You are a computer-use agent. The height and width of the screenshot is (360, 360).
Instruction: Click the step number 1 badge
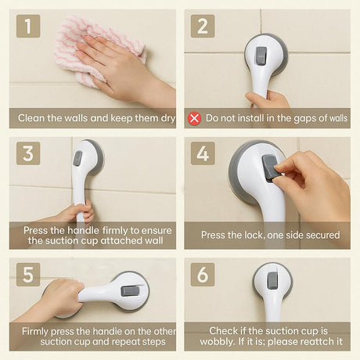[x=28, y=26]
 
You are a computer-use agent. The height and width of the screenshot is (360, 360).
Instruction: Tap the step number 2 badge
[x=203, y=26]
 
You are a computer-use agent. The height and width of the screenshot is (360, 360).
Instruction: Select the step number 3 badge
[x=28, y=153]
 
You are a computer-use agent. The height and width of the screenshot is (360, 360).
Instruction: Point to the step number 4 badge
[x=203, y=153]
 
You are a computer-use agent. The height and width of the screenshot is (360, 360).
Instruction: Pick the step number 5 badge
[x=28, y=275]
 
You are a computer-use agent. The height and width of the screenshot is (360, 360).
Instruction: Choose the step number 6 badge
[x=203, y=275]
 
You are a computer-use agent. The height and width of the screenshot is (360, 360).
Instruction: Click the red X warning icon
[x=194, y=118]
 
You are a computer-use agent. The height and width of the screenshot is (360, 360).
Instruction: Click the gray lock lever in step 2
[x=261, y=56]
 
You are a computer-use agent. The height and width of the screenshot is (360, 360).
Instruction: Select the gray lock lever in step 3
[x=77, y=158]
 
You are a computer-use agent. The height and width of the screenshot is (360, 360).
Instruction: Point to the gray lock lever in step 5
[x=130, y=291]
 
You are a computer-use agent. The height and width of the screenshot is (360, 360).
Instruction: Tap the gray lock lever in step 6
[x=272, y=280]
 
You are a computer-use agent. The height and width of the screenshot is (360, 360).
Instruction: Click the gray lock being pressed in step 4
[x=269, y=167]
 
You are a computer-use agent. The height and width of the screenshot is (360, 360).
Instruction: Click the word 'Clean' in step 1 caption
[x=31, y=118]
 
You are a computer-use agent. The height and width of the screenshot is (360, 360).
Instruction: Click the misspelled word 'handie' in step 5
[x=107, y=331]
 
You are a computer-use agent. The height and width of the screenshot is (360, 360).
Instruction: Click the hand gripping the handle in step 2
[x=268, y=99]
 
